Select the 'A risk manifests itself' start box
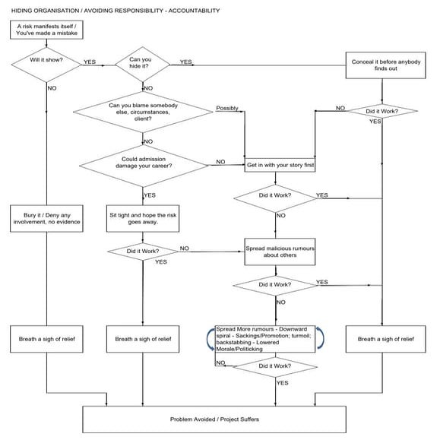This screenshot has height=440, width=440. click(x=46, y=30)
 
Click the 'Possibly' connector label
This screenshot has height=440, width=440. click(x=226, y=108)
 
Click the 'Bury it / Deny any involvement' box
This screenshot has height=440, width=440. click(x=46, y=220)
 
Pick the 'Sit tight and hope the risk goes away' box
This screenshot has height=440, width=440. click(x=143, y=220)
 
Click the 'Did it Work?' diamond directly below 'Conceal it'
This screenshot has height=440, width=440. click(x=381, y=111)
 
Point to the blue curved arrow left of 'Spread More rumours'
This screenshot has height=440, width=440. click(x=207, y=339)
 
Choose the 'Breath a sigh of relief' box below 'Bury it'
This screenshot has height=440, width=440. click(x=46, y=338)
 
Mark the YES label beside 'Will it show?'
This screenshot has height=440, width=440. click(x=89, y=62)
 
